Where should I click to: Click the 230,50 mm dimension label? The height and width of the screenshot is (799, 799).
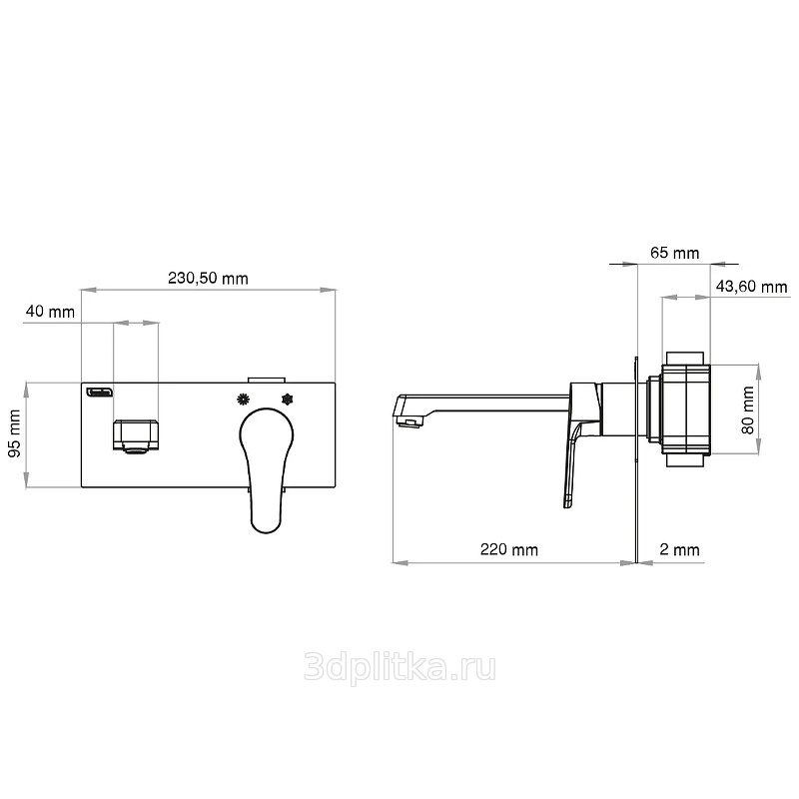point(208,279)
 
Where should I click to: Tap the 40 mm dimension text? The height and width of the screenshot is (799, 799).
point(50,312)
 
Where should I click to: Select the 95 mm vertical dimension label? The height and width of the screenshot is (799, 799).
point(15,432)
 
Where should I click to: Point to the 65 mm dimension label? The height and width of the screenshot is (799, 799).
point(675,253)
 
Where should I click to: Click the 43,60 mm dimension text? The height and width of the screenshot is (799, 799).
point(752,287)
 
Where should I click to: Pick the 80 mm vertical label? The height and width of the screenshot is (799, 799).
point(748,409)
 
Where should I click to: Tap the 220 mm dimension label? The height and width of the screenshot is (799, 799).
point(509,549)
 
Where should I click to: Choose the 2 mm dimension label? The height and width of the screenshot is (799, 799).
point(679,549)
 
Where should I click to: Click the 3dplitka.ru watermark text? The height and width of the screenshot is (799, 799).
point(399,668)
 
